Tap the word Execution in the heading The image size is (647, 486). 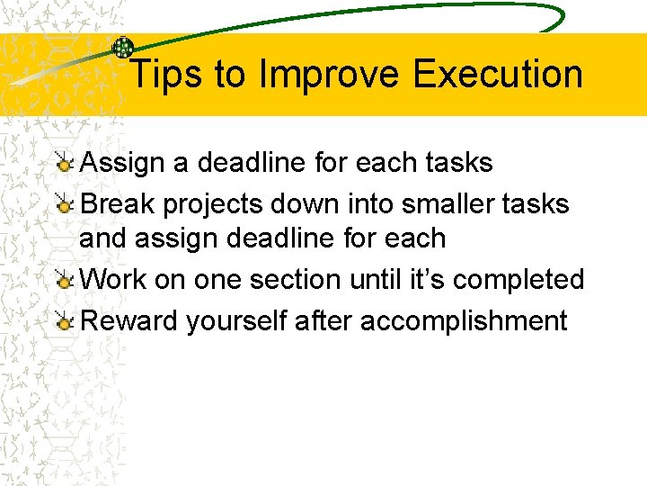498,75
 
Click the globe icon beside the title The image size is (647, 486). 122,49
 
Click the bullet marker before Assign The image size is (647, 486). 64,164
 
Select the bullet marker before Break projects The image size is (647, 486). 64,205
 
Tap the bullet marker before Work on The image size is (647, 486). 64,281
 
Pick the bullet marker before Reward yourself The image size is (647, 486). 64,321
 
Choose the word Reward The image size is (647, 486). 129,320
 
